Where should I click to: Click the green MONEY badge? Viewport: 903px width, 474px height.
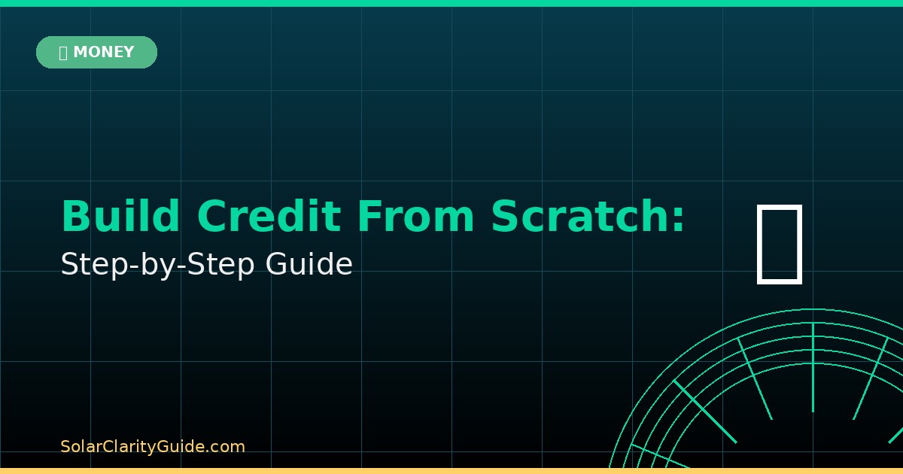point(96,52)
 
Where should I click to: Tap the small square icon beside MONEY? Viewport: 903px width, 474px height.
point(63,53)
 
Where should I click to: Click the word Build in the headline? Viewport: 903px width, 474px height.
point(120,217)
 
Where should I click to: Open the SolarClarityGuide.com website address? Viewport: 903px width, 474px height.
point(153,447)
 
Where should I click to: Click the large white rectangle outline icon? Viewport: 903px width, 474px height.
point(780,244)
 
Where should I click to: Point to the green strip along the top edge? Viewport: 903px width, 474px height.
point(451,3)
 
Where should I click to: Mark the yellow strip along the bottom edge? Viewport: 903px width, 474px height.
point(451,471)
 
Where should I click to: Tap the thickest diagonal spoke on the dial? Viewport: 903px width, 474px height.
point(704,411)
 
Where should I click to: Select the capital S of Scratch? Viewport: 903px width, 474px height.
point(505,217)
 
